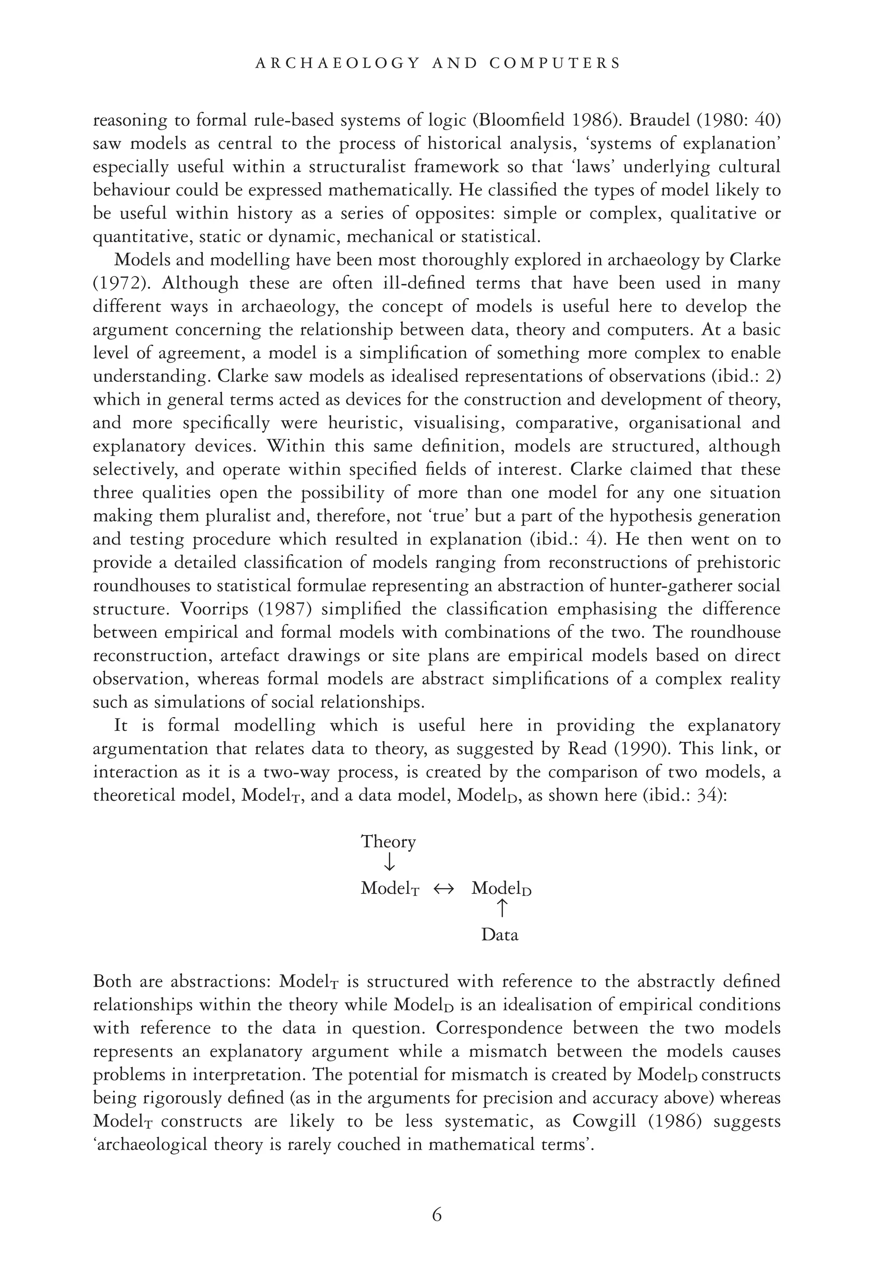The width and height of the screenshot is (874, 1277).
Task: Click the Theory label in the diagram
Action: (388, 841)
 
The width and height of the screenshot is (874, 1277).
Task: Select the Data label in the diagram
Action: (500, 935)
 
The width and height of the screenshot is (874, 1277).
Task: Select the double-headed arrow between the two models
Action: (444, 888)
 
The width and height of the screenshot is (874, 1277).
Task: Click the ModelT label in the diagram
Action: (390, 888)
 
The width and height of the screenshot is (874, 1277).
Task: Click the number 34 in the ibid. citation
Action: (708, 795)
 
